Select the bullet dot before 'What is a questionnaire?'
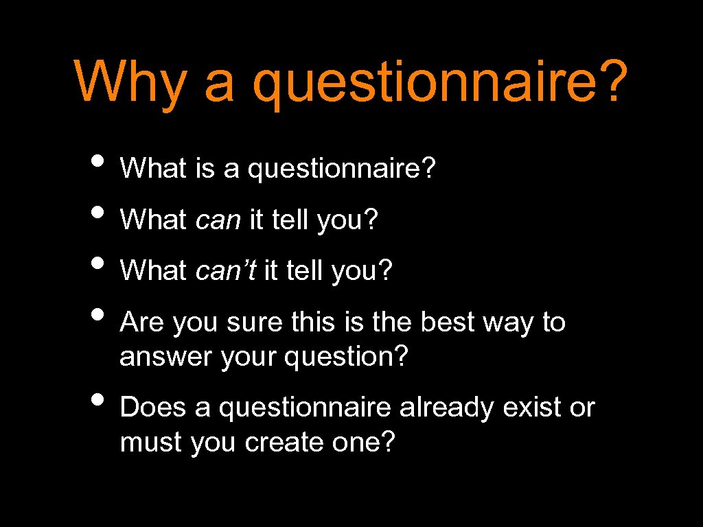coord(99,162)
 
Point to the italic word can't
coord(226,271)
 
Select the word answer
coord(166,358)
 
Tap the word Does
coord(153,408)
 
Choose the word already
coord(447,408)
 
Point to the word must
coord(151,443)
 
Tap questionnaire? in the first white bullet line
coord(341,169)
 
